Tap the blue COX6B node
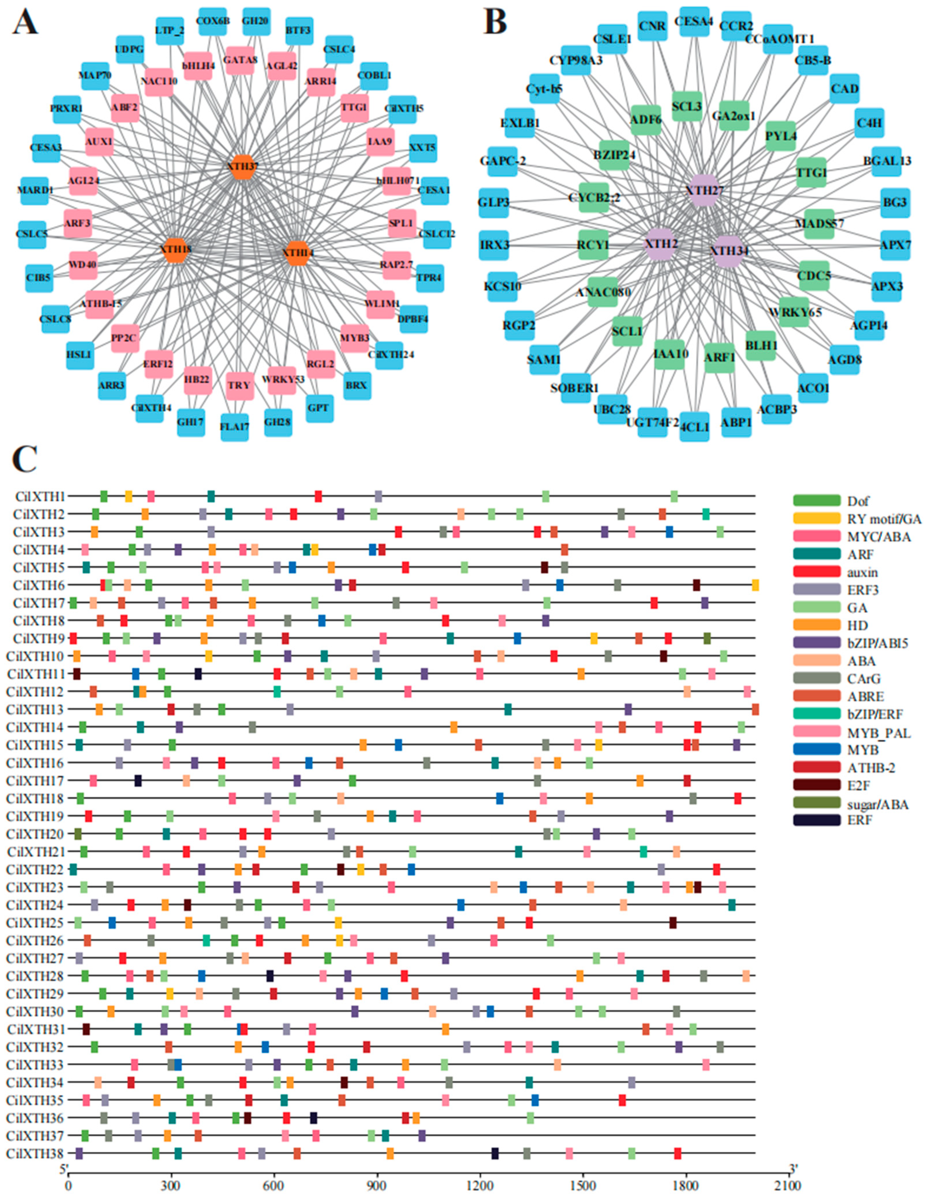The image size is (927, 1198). click(212, 21)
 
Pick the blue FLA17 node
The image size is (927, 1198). click(234, 427)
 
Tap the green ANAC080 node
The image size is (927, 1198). click(602, 292)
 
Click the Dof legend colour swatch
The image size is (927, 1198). click(816, 500)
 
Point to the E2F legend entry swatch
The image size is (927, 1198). click(816, 785)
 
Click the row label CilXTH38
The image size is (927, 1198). click(36, 1154)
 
